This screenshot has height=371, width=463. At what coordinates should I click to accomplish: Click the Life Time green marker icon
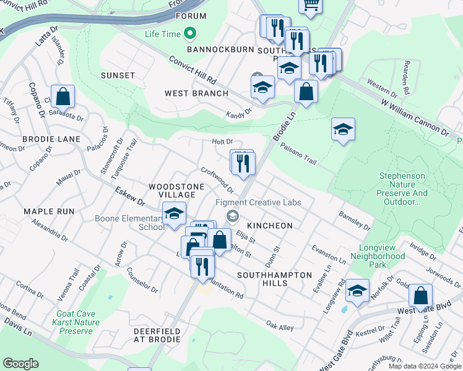click(x=191, y=33)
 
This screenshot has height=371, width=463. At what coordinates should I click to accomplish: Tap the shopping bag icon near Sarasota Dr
click(x=63, y=96)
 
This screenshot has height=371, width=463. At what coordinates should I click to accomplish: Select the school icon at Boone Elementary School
click(x=175, y=214)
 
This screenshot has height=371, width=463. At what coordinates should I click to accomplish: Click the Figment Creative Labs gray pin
click(x=233, y=215)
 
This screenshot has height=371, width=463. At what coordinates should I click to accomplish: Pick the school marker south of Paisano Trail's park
click(x=343, y=129)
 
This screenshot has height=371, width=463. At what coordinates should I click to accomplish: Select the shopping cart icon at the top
click(x=311, y=5)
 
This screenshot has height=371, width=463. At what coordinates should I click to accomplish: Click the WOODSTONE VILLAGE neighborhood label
click(x=172, y=190)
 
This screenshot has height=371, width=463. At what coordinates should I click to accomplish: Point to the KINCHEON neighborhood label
click(x=269, y=226)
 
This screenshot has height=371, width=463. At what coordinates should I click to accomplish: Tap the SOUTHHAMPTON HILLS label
click(x=270, y=278)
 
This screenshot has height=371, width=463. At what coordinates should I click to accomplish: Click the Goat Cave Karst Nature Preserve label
click(x=79, y=322)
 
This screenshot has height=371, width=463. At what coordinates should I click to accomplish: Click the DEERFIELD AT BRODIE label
click(x=157, y=336)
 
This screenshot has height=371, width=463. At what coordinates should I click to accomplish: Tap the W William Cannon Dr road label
click(x=414, y=119)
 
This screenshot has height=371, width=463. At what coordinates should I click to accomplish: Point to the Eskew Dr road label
click(x=129, y=197)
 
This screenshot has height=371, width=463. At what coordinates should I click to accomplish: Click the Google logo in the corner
click(x=20, y=364)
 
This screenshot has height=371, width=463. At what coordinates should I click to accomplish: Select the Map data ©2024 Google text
click(x=425, y=366)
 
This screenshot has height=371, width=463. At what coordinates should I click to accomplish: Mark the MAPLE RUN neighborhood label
click(x=49, y=211)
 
